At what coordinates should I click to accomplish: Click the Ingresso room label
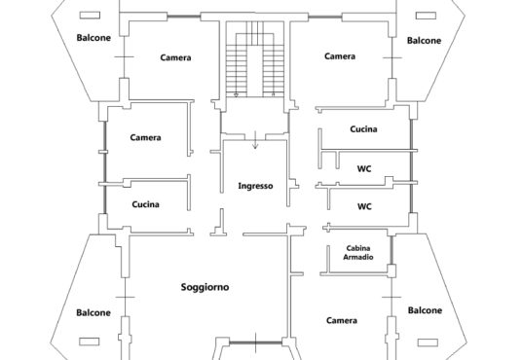click(255, 186)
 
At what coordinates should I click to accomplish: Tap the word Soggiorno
click(205, 287)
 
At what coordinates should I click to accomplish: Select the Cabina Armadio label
click(358, 253)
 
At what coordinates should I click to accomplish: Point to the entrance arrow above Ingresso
click(255, 140)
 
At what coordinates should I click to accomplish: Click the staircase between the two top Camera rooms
click(255, 59)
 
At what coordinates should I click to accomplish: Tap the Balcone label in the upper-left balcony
click(93, 38)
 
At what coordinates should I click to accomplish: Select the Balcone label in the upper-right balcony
click(425, 41)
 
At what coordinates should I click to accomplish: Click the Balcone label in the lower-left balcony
click(93, 312)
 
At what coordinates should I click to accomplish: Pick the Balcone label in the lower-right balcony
click(426, 310)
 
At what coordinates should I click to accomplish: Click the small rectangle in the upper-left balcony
click(90, 16)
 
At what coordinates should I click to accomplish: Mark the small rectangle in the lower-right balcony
click(428, 342)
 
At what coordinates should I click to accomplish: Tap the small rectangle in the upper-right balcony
click(427, 16)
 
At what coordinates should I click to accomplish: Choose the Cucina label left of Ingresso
click(145, 204)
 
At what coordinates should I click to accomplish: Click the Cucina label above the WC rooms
click(363, 129)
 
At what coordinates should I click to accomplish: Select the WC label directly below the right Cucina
click(364, 169)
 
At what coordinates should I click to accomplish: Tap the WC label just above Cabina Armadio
click(364, 206)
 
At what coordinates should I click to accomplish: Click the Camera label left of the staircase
click(175, 57)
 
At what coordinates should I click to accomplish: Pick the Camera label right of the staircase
click(340, 56)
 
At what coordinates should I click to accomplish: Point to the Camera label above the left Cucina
click(145, 137)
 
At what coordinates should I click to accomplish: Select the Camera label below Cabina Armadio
click(342, 320)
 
